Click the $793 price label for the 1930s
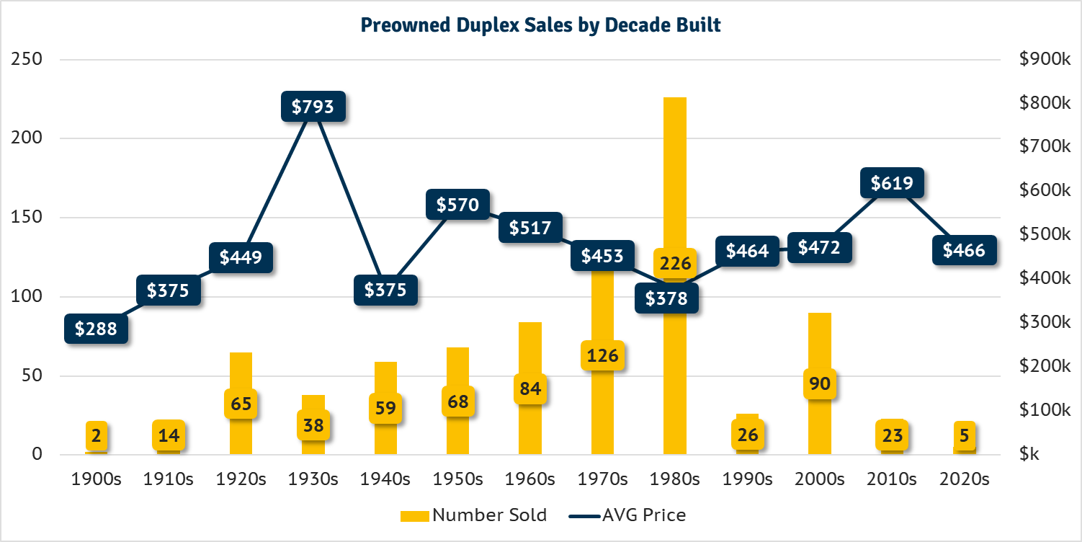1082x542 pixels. click(313, 107)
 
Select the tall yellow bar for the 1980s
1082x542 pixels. click(675, 180)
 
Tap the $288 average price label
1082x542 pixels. click(97, 329)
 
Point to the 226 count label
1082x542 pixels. click(675, 263)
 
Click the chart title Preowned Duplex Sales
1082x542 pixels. click(540, 25)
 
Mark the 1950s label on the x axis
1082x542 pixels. click(458, 479)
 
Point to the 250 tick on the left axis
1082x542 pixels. click(27, 59)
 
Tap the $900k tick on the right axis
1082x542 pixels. click(1045, 59)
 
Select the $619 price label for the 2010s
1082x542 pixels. click(892, 183)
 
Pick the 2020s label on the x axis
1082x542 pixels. click(964, 479)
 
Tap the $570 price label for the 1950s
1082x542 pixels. click(458, 205)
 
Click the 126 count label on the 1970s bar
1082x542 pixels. click(602, 355)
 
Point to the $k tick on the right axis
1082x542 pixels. click(1029, 454)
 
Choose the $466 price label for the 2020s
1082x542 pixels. click(964, 250)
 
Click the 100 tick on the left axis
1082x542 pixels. click(27, 296)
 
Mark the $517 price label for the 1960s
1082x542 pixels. click(530, 228)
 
